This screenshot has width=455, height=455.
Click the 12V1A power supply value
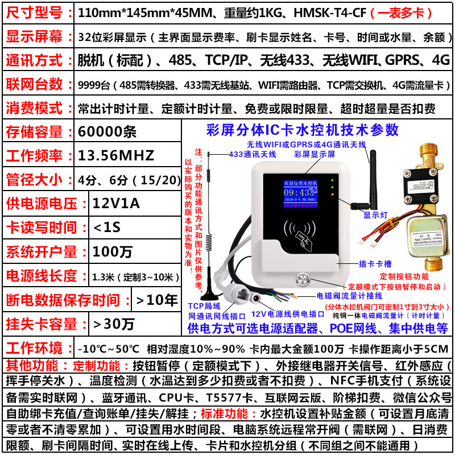[x=115, y=203]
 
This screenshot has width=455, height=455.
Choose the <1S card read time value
[x=107, y=227]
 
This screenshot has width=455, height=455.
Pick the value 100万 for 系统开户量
[x=111, y=251]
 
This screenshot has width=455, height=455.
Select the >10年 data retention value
[x=155, y=300]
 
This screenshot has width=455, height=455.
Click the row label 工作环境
[x=35, y=348]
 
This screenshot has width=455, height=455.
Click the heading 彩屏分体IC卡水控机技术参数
[x=304, y=130]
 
